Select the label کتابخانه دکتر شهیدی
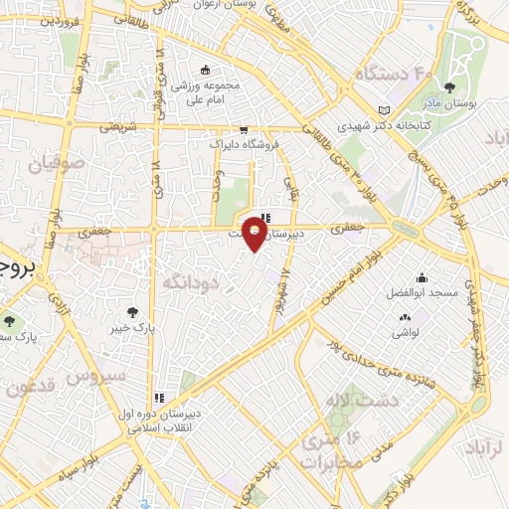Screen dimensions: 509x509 pyautogui.click(x=373, y=126)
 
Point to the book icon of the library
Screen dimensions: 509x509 pyautogui.click(x=385, y=110)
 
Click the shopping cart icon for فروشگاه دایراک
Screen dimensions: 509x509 pyautogui.click(x=243, y=129)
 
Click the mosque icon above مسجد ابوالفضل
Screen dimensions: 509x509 pyautogui.click(x=423, y=278)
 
